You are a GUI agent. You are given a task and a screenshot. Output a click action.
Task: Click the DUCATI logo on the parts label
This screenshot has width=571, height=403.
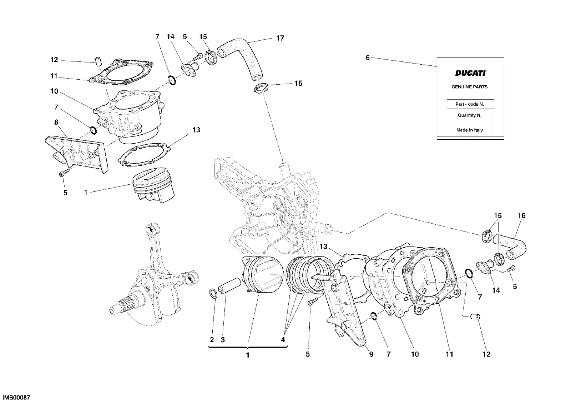(470, 73)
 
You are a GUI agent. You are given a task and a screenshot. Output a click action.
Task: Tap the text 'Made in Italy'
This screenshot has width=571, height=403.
(470, 130)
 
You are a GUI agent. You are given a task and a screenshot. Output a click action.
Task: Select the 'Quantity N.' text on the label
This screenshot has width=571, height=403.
(470, 115)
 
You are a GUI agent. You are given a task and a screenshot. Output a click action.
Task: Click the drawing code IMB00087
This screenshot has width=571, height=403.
(16, 397)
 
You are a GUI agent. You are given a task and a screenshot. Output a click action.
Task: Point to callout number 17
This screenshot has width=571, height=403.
(280, 38)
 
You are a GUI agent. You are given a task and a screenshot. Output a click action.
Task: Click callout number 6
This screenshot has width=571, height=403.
(368, 58)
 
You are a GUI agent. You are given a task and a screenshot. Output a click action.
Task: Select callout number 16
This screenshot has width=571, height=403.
(521, 216)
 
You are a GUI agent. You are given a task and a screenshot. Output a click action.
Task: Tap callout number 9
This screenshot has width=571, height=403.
(371, 354)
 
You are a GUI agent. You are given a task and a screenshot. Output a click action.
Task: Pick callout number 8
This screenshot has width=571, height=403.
(56, 122)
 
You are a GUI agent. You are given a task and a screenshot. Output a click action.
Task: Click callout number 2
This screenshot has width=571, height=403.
(212, 340)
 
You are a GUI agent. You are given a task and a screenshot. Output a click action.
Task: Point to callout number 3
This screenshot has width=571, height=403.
(223, 340)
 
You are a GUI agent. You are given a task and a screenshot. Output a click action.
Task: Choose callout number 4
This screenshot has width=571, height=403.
(283, 340)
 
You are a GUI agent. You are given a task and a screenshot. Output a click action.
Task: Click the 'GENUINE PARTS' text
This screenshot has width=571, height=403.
(470, 87)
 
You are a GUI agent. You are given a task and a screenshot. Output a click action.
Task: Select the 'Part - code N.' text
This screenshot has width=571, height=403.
(470, 104)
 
